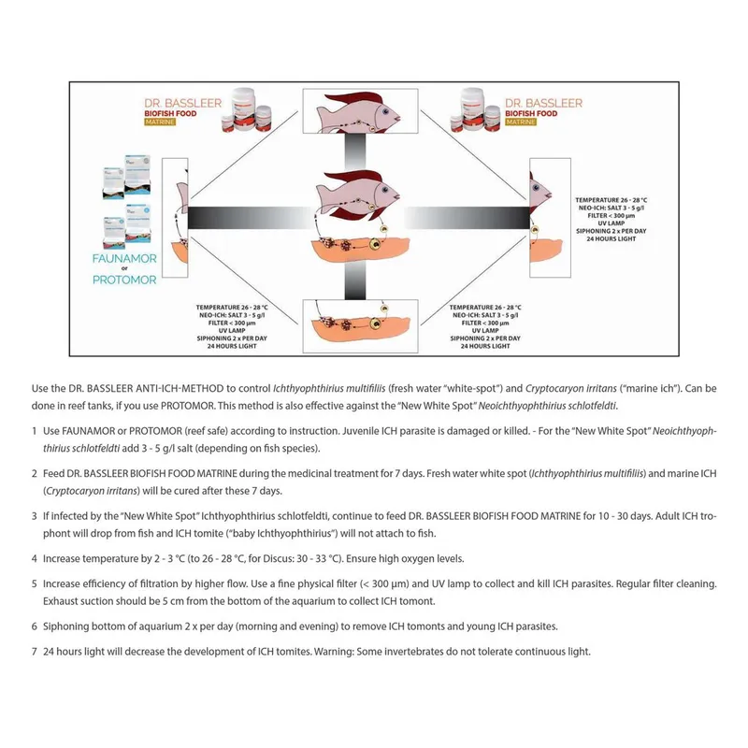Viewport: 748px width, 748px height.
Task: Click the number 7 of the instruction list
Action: (x=34, y=651)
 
